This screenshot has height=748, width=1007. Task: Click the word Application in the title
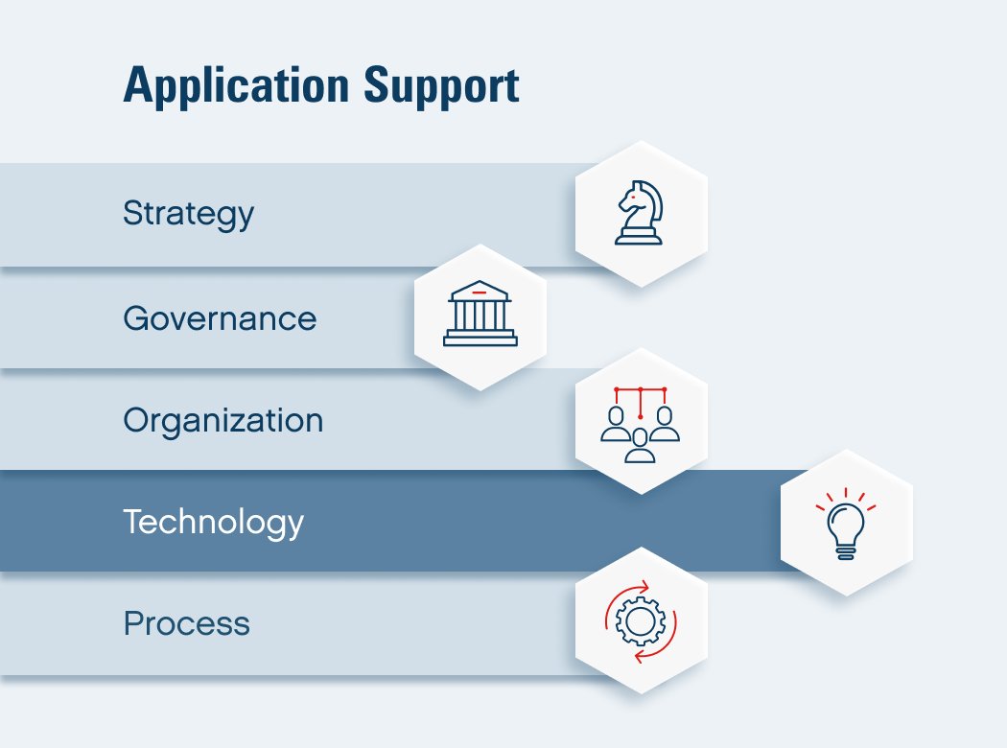(x=236, y=86)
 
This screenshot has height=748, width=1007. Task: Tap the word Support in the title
(x=442, y=86)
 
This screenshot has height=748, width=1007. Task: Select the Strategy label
(x=189, y=215)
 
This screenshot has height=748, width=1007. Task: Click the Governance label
(x=221, y=318)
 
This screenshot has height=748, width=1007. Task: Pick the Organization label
(x=223, y=421)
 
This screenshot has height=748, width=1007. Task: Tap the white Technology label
(x=214, y=522)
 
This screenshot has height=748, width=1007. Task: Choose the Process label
(x=187, y=623)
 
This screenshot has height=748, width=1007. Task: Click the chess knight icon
(x=639, y=213)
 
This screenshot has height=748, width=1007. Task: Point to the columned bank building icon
(x=480, y=314)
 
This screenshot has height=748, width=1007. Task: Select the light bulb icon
(x=846, y=524)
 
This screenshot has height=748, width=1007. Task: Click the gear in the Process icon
(x=640, y=620)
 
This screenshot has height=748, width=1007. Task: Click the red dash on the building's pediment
(x=480, y=292)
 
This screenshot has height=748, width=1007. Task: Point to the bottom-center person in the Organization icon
(x=640, y=446)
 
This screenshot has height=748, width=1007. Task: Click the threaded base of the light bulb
(x=846, y=552)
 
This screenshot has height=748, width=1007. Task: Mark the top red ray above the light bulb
(x=846, y=493)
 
